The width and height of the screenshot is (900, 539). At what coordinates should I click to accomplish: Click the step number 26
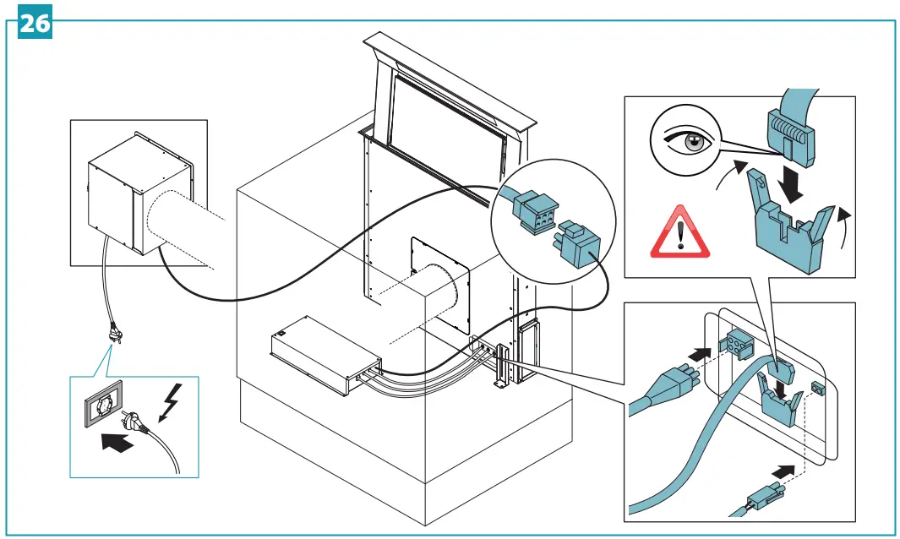click(x=35, y=23)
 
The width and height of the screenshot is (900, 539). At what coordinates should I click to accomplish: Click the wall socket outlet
click(x=100, y=407)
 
